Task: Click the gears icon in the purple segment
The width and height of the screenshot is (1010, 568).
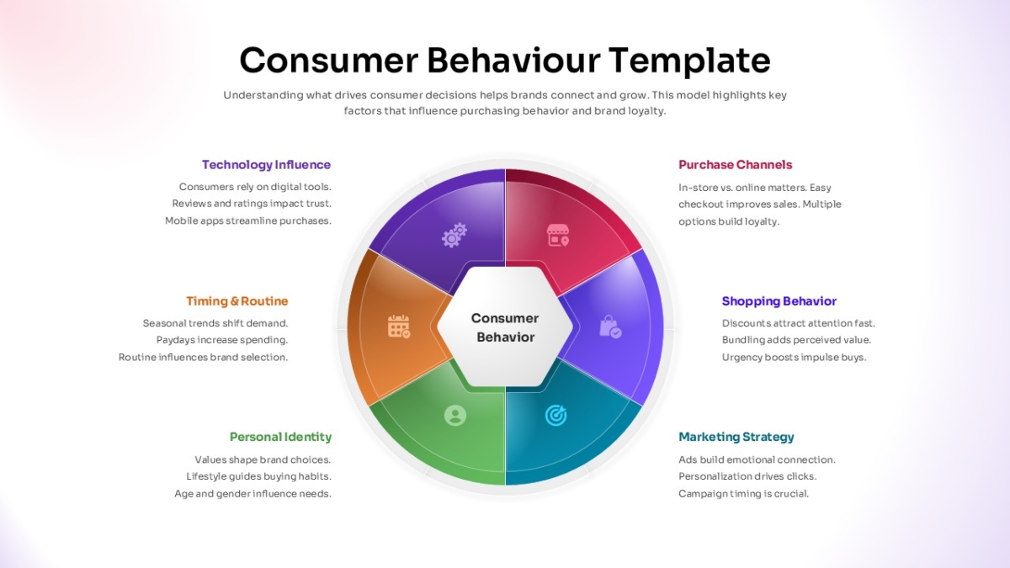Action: click(x=454, y=235)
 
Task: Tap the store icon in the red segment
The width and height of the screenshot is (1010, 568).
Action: click(x=558, y=235)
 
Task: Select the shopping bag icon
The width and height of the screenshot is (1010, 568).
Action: click(x=610, y=326)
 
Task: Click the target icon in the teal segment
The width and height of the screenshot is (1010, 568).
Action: click(x=555, y=415)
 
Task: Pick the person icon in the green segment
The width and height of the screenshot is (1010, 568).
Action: click(x=455, y=415)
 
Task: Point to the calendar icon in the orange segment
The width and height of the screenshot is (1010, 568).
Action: click(x=399, y=326)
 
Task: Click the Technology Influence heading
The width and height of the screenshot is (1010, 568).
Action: click(x=266, y=165)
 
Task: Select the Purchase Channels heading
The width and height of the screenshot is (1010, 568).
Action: click(x=736, y=165)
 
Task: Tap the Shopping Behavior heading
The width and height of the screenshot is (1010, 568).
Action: click(x=779, y=301)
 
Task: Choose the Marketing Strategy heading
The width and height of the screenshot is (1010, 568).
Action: click(x=736, y=437)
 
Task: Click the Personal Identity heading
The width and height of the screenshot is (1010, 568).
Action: click(x=280, y=437)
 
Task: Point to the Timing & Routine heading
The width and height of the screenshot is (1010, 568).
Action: click(x=237, y=301)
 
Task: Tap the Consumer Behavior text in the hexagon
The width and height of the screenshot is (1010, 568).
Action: click(x=505, y=327)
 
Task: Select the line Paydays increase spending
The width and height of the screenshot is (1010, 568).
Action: click(x=222, y=340)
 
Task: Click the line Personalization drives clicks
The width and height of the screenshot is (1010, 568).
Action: click(x=747, y=476)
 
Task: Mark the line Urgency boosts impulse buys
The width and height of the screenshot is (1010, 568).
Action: click(x=794, y=358)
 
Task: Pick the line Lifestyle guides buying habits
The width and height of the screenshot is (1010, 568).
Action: click(x=259, y=476)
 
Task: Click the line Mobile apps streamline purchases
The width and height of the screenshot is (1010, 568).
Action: click(x=248, y=220)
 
